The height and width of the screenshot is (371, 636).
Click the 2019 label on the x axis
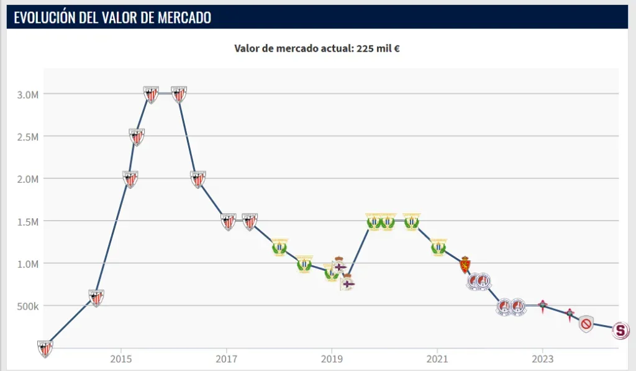point(332,359)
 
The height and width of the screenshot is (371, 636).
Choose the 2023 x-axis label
point(542,359)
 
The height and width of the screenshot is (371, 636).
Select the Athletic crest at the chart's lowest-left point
point(45,349)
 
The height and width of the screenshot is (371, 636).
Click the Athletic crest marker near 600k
point(96,298)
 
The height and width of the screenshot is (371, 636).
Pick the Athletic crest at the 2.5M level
point(137,137)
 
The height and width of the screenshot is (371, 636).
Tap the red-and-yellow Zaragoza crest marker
point(464,265)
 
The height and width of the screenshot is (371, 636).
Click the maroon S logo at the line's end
point(620,330)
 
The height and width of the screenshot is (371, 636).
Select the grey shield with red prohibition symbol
point(586,324)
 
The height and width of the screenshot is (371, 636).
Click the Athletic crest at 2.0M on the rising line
point(130,179)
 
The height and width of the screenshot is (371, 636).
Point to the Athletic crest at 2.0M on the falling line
point(198,179)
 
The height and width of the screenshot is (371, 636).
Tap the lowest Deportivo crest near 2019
point(348,283)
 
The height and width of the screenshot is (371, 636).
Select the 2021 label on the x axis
point(437,359)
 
